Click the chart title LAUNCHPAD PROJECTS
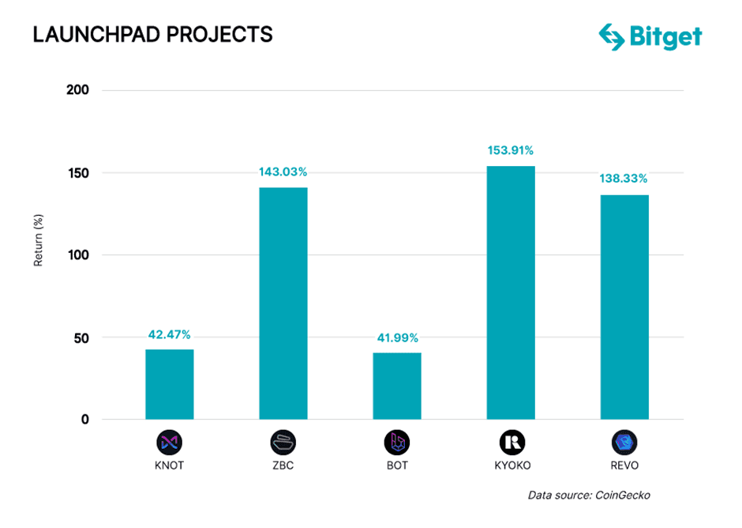tap(152, 35)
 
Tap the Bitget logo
tap(650, 36)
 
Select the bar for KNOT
tap(170, 384)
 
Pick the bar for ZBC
tap(283, 304)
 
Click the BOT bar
tap(397, 386)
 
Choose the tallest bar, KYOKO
tap(511, 292)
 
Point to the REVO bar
tap(624, 307)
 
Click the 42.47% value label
tap(170, 334)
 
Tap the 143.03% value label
tap(283, 172)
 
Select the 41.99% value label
tap(397, 338)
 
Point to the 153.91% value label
tap(511, 150)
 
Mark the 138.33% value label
tap(624, 179)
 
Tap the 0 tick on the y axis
tap(84, 420)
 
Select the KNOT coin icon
tap(170, 442)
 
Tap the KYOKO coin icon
tap(511, 442)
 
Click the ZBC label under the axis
tap(283, 466)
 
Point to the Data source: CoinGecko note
tap(589, 495)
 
